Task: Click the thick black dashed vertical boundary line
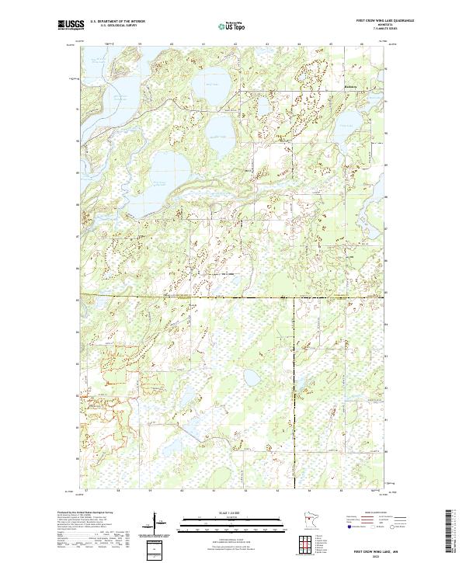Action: coord(294,388)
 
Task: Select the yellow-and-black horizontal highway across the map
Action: coord(233,297)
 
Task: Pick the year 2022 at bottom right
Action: coord(377,554)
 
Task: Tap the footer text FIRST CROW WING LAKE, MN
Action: coord(377,548)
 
